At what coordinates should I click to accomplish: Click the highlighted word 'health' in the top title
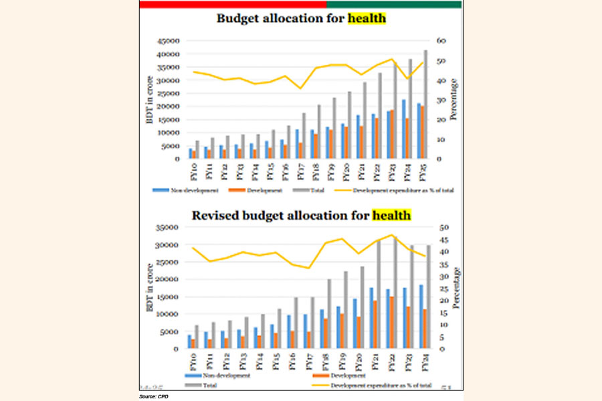pyautogui.click(x=367, y=19)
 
